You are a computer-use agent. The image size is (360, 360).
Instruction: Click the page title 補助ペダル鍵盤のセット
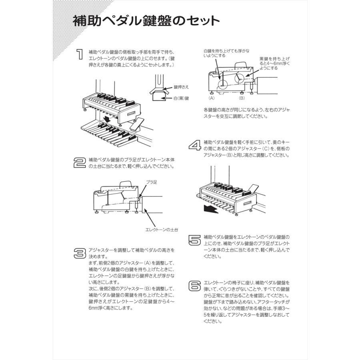tap(146, 21)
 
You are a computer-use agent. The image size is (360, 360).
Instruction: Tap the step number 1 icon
tap(80, 55)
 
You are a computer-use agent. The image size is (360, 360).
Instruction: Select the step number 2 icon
tap(80, 162)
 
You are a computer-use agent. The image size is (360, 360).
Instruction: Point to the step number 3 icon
tap(80, 253)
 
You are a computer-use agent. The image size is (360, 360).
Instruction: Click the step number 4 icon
tap(195, 145)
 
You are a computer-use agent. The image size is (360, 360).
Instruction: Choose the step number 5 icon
tap(195, 240)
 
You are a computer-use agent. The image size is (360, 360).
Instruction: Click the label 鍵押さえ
tap(181, 87)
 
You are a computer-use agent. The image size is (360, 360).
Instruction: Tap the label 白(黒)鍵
tap(181, 98)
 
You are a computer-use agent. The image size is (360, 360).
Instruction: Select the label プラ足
tap(151, 182)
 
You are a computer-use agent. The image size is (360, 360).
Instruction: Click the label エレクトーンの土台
tap(162, 230)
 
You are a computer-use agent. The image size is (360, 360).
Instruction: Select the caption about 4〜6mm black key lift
tap(274, 63)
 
